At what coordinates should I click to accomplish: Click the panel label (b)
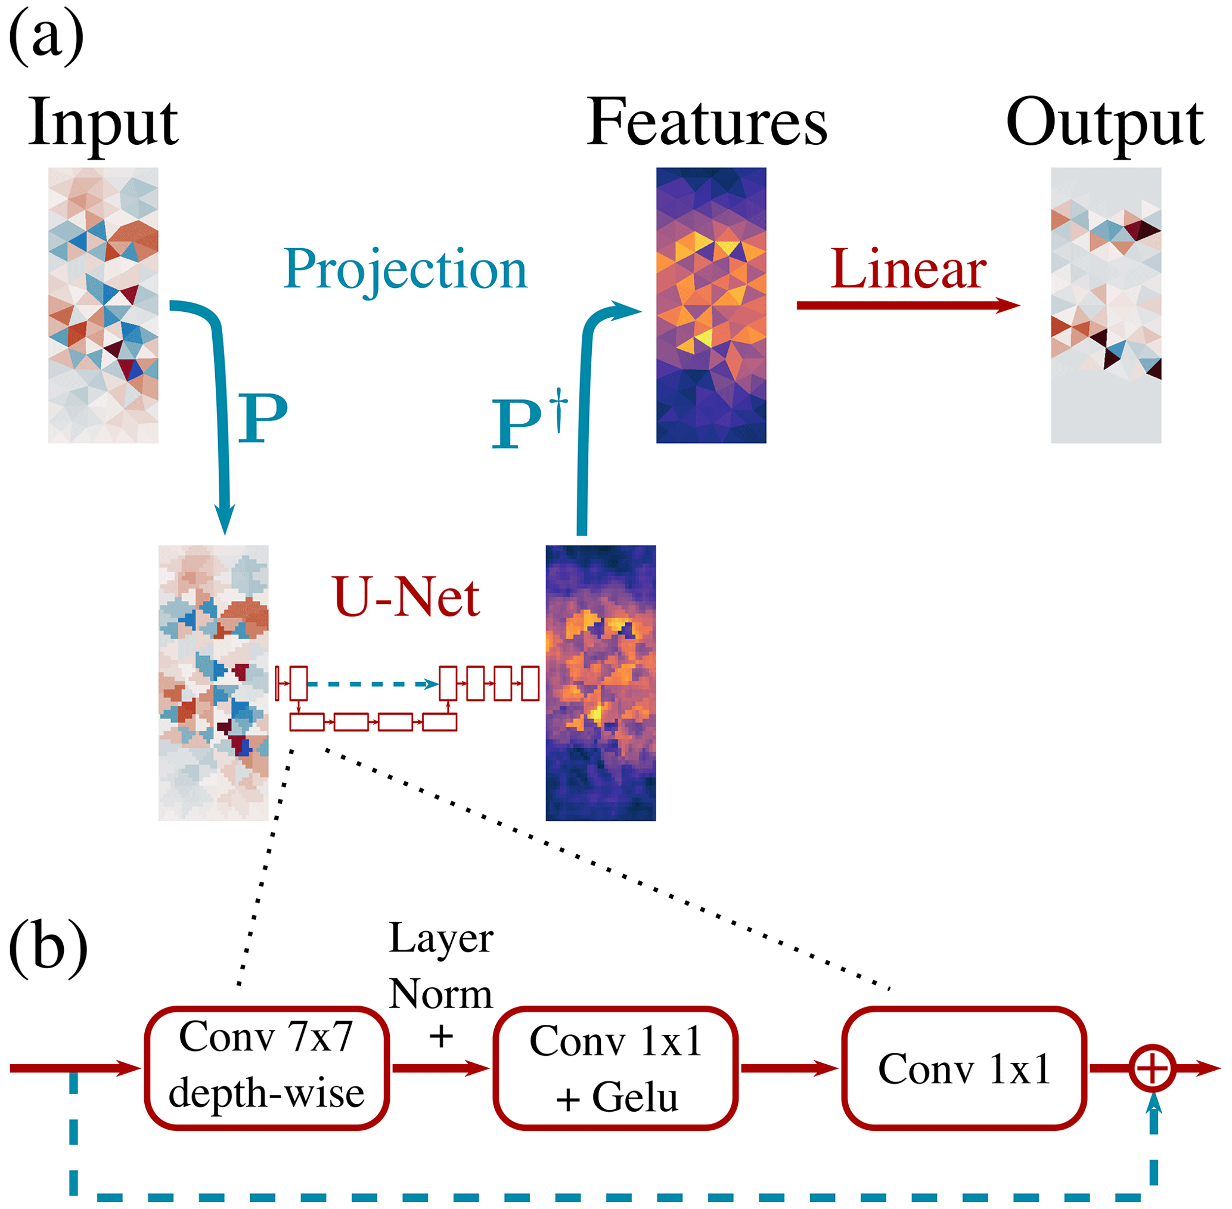(x=48, y=948)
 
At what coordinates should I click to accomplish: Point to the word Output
(x=1104, y=124)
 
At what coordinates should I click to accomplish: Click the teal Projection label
(x=405, y=269)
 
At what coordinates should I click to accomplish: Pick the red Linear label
(x=908, y=269)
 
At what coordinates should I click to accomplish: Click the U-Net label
(x=406, y=597)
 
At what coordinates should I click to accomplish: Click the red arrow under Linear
(x=908, y=305)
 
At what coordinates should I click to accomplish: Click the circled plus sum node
(x=1152, y=1068)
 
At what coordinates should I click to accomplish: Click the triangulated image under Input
(x=103, y=305)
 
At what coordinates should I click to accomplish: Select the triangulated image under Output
(x=1106, y=305)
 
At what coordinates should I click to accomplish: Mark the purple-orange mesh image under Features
(x=711, y=305)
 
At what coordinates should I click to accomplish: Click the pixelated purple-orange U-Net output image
(x=600, y=683)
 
